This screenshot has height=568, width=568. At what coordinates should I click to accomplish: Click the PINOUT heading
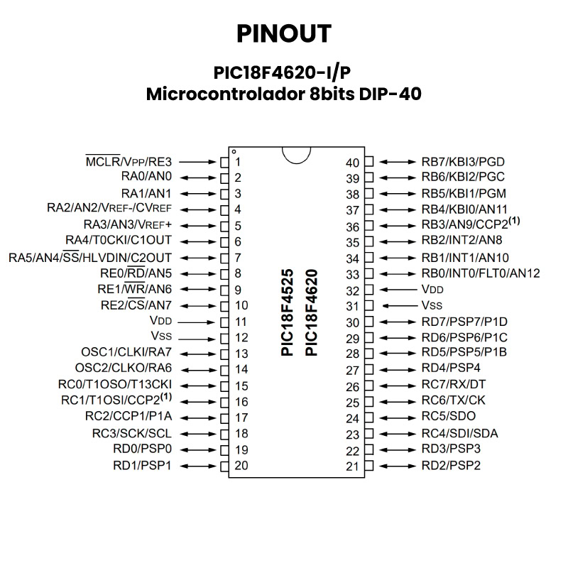click(283, 33)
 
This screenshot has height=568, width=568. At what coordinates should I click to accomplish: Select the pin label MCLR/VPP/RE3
click(129, 162)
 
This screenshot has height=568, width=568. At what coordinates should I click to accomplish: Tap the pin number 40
click(353, 163)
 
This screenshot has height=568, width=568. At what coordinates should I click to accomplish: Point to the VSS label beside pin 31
click(432, 306)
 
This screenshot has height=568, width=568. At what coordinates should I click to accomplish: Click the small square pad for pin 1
click(224, 162)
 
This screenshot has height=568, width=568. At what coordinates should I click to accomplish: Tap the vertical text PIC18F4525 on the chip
click(288, 312)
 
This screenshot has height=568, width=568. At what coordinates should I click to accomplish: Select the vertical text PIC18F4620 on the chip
click(311, 312)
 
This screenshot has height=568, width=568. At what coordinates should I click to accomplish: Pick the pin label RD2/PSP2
click(451, 466)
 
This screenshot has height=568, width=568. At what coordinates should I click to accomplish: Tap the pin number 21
click(353, 466)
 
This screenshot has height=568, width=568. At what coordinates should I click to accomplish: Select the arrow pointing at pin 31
click(398, 306)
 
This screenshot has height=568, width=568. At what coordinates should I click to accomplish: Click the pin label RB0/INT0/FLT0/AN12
click(480, 273)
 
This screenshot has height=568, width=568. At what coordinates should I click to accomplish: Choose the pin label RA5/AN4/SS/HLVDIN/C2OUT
click(90, 257)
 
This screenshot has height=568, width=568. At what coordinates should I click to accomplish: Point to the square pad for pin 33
click(368, 274)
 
